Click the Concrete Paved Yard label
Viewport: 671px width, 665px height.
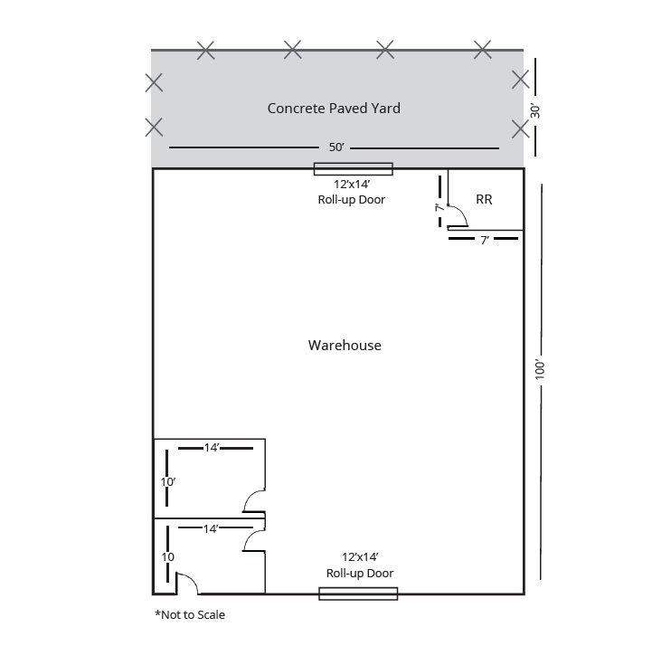334,109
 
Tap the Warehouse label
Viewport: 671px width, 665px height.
345,346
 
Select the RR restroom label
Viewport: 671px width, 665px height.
484,200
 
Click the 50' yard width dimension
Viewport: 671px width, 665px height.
335,147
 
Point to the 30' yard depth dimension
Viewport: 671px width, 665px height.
535,110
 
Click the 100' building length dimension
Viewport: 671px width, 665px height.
540,369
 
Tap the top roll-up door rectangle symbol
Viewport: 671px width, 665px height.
353,168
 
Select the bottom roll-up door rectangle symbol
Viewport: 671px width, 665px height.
358,594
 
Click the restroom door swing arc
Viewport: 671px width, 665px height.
458,215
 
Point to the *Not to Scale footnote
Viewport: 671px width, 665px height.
190,615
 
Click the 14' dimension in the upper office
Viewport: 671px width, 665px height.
212,448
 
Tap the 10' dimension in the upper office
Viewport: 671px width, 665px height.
167,482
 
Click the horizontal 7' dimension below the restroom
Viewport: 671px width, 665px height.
485,240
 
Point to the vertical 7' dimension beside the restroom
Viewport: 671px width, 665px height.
439,207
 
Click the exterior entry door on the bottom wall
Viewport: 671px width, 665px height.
186,584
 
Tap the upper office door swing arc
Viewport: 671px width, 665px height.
252,500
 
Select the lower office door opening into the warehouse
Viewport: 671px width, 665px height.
253,539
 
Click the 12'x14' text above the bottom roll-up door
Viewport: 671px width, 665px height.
359,557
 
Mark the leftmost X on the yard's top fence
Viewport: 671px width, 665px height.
206,51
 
